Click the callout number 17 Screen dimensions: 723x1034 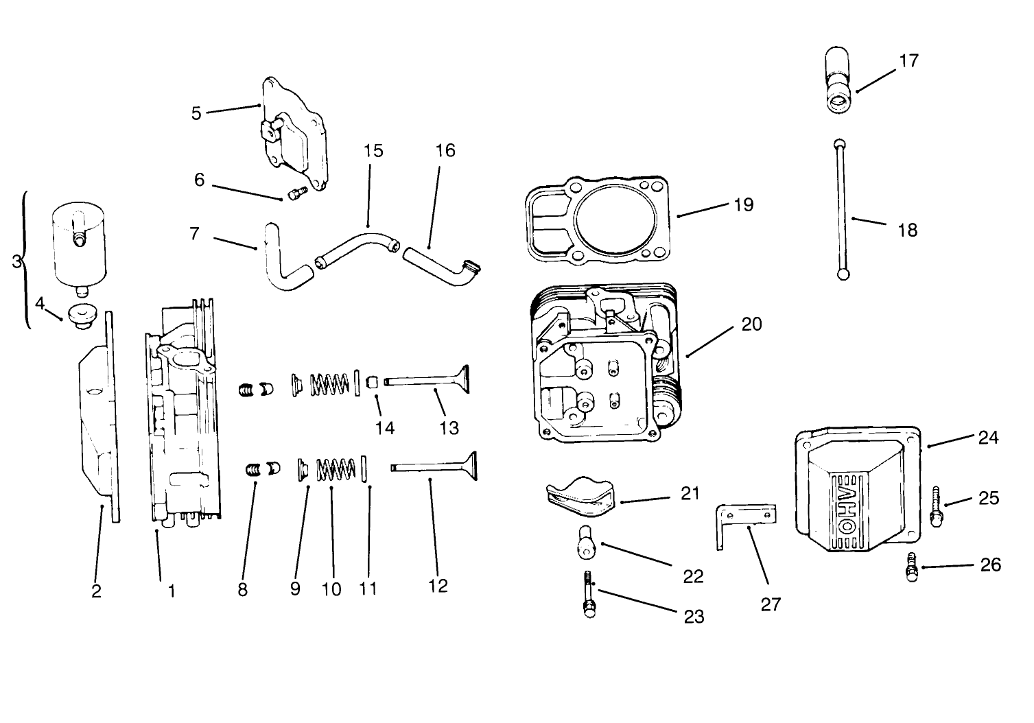click(x=908, y=61)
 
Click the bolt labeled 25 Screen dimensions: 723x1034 click(x=936, y=506)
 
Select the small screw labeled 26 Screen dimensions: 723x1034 click(x=912, y=567)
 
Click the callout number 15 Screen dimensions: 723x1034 click(x=373, y=151)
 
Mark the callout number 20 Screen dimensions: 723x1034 click(x=751, y=324)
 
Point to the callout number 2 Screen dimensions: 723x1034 click(x=96, y=591)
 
